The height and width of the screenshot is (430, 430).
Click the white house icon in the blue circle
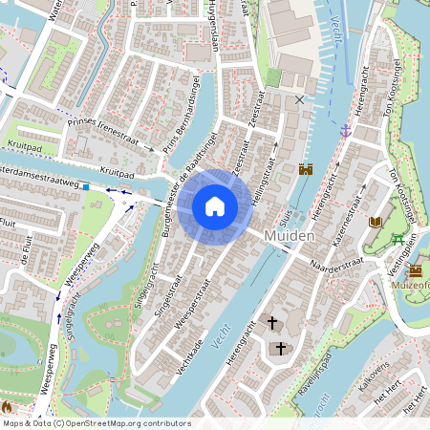pos(215,205)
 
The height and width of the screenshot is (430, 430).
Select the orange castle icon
pos(306,169)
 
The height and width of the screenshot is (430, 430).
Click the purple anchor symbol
pos(345,129)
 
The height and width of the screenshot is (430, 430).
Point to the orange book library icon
pos(375,222)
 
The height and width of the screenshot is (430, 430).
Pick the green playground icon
pos(398,240)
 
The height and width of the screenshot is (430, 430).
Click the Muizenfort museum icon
pos(415,271)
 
